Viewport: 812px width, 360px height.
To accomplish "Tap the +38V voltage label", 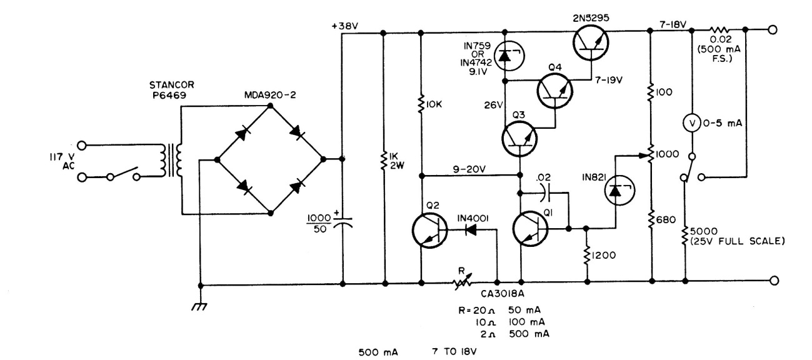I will (x=346, y=26).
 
